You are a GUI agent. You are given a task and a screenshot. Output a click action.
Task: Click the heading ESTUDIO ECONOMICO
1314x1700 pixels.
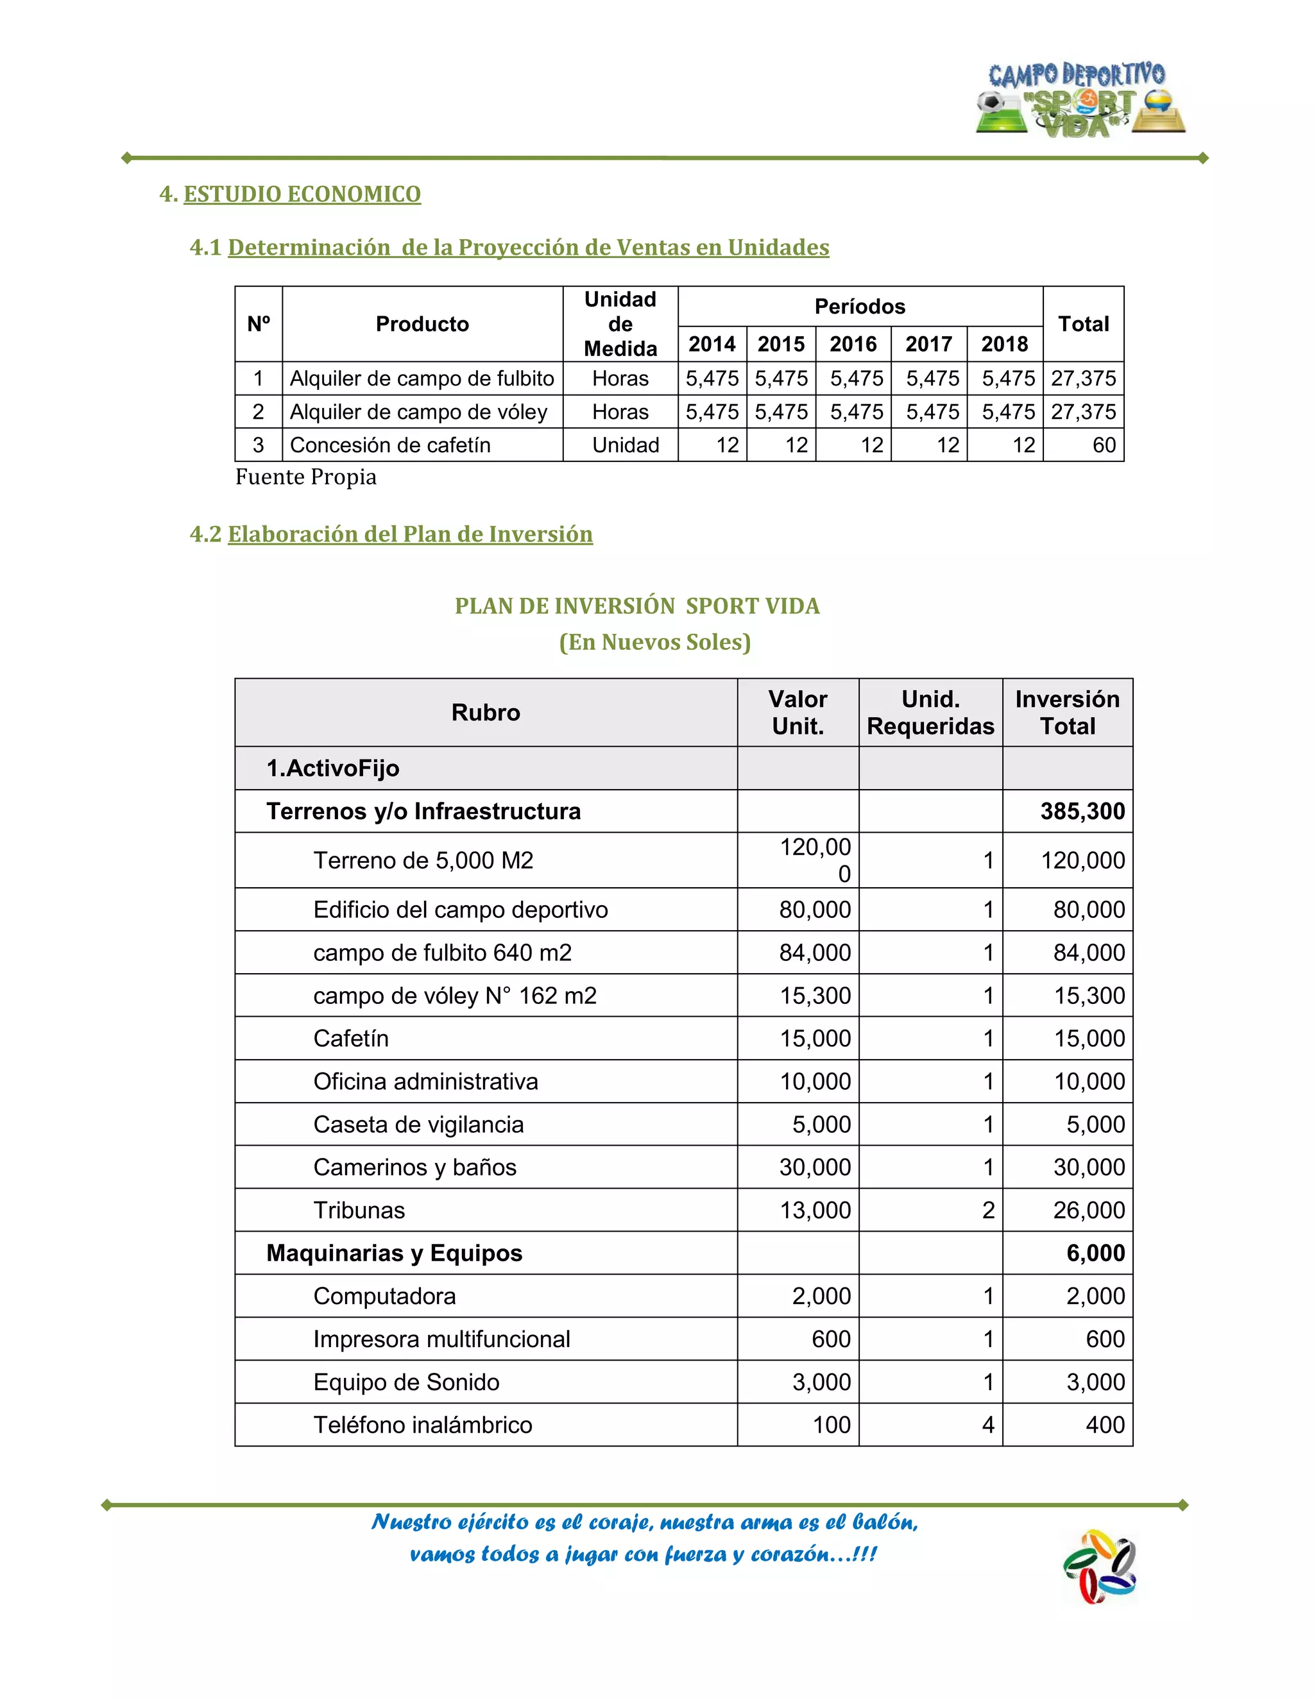tap(302, 194)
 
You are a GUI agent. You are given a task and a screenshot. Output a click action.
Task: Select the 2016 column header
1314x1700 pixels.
tap(853, 344)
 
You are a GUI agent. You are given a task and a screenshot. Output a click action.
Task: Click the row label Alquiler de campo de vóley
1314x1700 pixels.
tap(418, 412)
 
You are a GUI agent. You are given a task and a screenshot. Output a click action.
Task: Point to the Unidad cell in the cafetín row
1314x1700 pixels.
tap(625, 445)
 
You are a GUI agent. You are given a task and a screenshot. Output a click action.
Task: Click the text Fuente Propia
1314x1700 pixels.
tap(306, 477)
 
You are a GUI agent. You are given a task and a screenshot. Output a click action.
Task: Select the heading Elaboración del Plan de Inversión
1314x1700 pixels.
tap(409, 534)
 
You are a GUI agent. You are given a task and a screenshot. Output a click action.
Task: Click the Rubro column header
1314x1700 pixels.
tap(486, 712)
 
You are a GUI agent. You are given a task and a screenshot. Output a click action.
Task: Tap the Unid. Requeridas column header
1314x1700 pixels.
tap(930, 712)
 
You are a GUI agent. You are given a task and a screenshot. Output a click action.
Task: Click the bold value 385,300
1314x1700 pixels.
tap(1082, 811)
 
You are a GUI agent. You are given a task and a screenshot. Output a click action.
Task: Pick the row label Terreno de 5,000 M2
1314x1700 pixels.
tap(423, 860)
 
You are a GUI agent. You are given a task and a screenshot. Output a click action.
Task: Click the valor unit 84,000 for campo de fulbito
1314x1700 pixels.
tap(814, 953)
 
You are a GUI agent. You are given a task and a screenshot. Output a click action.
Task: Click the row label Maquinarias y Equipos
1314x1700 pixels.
tap(394, 1254)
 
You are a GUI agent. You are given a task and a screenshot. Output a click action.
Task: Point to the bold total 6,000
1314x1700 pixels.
tap(1095, 1254)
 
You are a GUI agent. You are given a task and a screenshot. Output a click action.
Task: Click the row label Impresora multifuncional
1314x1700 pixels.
tap(441, 1339)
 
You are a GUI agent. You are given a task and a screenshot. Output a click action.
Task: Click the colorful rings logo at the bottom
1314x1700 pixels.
tap(1099, 1567)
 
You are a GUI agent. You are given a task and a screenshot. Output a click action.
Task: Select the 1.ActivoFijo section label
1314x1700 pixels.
tap(332, 769)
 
